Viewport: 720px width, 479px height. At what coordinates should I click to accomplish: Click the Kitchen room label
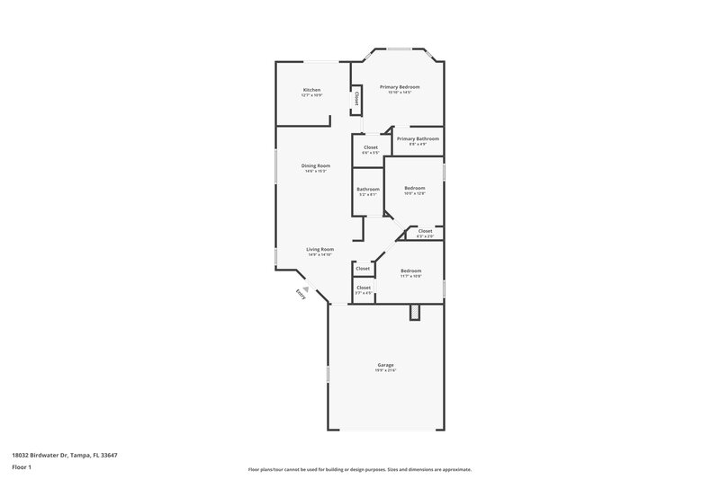[311, 90]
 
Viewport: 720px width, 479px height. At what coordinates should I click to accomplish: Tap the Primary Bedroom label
[400, 86]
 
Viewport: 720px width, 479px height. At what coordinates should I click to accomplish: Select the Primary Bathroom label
[418, 138]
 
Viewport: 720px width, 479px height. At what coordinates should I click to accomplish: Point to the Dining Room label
[316, 165]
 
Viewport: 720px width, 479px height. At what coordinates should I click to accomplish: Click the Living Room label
[320, 249]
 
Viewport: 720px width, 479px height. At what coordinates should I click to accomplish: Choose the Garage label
[385, 365]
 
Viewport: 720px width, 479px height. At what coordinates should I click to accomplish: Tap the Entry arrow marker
[306, 289]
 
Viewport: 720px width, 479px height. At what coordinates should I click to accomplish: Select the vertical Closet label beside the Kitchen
[356, 99]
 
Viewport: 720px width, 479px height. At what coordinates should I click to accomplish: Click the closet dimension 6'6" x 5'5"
[371, 153]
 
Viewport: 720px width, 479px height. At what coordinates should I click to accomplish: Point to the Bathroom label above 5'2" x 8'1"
[368, 189]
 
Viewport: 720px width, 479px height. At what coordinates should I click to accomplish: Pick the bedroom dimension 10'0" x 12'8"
[414, 193]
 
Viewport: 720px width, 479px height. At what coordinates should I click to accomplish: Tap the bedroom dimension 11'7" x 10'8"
[410, 276]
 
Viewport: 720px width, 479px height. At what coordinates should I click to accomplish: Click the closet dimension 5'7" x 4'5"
[364, 293]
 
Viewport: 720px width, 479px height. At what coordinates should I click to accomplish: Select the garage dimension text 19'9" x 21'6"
[385, 370]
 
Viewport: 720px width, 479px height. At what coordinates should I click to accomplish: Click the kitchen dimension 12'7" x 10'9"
[311, 95]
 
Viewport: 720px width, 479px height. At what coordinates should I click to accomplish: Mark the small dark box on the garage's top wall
[415, 312]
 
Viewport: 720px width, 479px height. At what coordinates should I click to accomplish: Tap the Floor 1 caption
[22, 468]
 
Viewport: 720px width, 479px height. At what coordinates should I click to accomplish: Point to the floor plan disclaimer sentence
[360, 469]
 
